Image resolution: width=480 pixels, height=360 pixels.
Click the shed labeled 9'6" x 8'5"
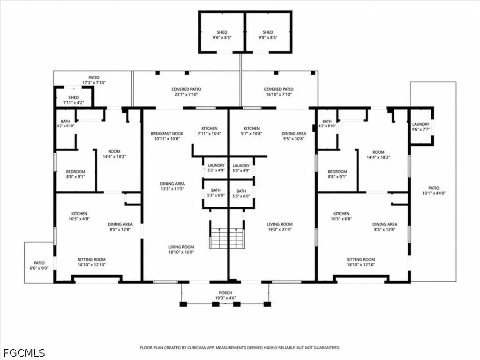222,32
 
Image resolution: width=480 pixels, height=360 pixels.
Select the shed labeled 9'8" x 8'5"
268,32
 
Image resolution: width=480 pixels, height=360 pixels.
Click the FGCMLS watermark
24,353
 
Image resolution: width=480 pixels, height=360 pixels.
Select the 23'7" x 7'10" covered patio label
186,92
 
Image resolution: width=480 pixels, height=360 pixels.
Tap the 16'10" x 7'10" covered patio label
278,92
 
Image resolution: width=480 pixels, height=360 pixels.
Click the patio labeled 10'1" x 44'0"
434,181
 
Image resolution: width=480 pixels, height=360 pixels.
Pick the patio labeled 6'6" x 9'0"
39,262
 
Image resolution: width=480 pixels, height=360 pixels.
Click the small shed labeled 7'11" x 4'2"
74,97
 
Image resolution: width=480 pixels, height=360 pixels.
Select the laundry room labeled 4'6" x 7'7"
421,126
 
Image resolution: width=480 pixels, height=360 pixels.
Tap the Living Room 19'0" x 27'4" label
280,226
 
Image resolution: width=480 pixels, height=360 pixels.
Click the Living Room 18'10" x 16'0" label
181,249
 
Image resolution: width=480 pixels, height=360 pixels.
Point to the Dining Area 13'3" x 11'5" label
172,186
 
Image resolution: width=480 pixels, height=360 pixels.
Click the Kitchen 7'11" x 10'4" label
210,131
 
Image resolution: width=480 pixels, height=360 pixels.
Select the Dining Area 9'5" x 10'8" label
293,136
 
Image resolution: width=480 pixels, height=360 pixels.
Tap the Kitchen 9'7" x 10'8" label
251,131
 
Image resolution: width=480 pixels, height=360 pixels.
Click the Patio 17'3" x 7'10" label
94,80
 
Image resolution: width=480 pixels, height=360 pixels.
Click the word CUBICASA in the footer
197,347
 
